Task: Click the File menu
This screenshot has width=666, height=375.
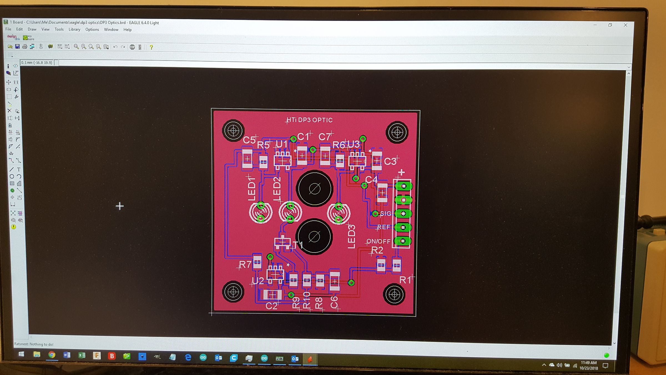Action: tap(8, 29)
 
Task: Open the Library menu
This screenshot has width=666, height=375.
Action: tap(74, 29)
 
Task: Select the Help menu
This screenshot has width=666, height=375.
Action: tap(127, 30)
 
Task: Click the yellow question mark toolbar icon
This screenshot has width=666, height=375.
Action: tap(151, 47)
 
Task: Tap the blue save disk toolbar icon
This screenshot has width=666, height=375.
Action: tap(17, 47)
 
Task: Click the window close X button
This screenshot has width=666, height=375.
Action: tap(625, 25)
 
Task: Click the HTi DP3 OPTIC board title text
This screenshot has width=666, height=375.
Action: tap(309, 120)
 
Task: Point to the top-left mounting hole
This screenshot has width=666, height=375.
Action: tap(233, 131)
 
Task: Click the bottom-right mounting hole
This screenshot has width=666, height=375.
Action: tap(394, 294)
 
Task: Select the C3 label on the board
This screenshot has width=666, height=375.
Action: tap(390, 161)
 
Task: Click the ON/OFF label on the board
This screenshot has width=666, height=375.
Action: tap(378, 241)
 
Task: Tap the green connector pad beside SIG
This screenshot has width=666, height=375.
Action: tap(403, 214)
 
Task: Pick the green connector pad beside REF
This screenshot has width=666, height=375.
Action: tap(403, 227)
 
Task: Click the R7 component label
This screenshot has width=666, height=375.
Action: tap(245, 264)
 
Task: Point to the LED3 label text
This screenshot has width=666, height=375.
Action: tap(351, 237)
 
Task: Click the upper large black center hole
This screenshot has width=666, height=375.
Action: tap(314, 189)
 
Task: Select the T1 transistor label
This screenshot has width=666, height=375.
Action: tap(297, 245)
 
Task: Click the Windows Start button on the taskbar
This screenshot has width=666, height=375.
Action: tap(21, 354)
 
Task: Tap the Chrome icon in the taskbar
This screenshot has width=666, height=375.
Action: tap(52, 355)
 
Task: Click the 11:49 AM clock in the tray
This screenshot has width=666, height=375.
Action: tap(589, 363)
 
